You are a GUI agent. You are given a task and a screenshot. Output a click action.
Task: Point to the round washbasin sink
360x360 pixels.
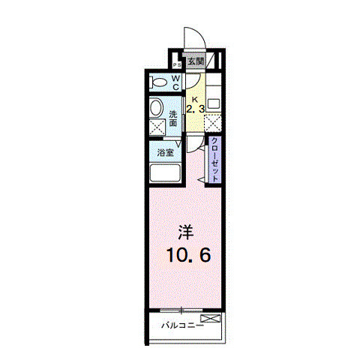pos(156,108)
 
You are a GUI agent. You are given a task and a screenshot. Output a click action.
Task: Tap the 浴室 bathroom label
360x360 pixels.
pos(164,153)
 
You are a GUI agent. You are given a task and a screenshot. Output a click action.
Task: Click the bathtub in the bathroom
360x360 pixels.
pos(164,175)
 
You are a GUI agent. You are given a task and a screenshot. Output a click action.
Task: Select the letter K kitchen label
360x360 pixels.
pos(194,99)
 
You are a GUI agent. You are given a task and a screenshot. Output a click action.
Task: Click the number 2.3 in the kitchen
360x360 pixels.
pos(195,109)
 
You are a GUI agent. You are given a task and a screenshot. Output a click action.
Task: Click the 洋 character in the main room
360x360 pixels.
pos(187,231)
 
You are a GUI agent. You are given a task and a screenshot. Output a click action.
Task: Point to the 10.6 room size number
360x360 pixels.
pos(187,254)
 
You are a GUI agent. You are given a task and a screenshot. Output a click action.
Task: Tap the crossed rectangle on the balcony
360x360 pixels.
pos(212,321)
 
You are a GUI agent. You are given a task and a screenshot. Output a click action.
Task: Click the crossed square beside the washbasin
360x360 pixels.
pos(157,127)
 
